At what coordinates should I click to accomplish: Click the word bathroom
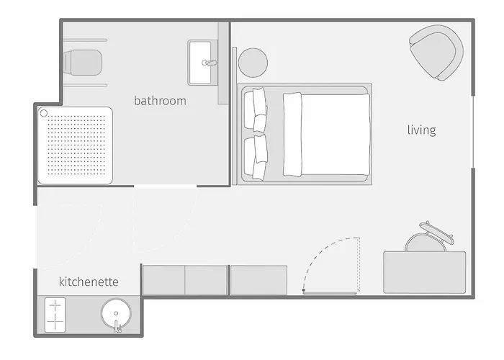[x=160, y=101]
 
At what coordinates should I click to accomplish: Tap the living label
[x=421, y=130]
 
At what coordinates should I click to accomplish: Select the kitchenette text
[x=89, y=282]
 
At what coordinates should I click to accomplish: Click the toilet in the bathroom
[x=83, y=63]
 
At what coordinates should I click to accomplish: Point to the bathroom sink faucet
[x=209, y=63]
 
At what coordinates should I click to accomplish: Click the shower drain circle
[x=44, y=113]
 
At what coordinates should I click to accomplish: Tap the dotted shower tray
[x=75, y=145]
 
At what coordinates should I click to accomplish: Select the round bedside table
[x=253, y=63]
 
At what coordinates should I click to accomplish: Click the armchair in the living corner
[x=436, y=53]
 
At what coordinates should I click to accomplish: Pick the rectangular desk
[x=425, y=272]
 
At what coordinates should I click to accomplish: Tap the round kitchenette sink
[x=116, y=313]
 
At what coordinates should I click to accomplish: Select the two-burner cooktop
[x=55, y=315]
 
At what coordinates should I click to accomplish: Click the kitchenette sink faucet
[x=117, y=327]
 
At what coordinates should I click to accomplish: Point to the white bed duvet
[x=326, y=135]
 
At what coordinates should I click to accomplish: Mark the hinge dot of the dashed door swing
[x=304, y=290]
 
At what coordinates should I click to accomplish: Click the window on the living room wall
[x=473, y=132]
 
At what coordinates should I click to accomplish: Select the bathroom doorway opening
[x=166, y=186]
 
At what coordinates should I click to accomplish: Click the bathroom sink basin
[x=200, y=63]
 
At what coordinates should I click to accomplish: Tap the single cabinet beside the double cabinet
[x=258, y=280]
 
